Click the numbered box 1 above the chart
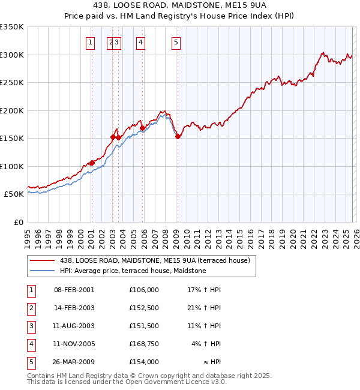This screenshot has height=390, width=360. point(90,42)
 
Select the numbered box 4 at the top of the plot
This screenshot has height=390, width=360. point(140,42)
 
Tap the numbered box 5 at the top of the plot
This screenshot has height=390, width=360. point(176,42)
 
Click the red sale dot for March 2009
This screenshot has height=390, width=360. point(178,137)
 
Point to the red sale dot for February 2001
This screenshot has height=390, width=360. point(92,163)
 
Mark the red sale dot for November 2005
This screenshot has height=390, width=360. point(142,128)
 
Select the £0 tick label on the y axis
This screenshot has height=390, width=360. point(18,223)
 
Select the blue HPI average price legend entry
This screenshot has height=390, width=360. point(133,271)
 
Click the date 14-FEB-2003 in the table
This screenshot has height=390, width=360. point(74,308)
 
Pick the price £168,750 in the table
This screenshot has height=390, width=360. point(143,344)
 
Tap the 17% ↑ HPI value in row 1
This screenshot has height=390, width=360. point(205,290)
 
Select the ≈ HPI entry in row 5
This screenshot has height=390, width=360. point(212,362)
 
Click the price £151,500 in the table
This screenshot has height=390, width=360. point(143,326)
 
